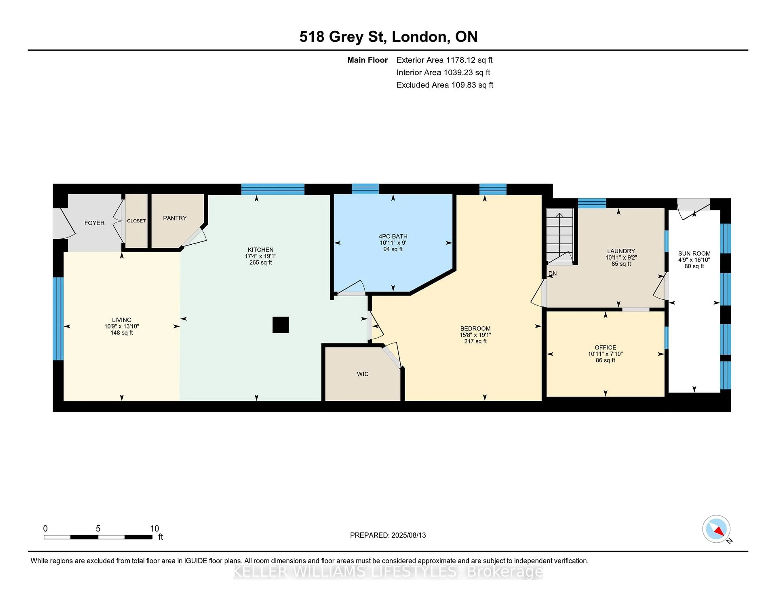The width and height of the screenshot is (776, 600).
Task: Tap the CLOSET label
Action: pos(136,221)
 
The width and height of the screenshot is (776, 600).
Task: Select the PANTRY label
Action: pos(175,218)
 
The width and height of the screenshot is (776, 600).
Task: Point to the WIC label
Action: pos(363,374)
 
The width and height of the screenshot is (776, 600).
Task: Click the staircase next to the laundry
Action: pos(560,236)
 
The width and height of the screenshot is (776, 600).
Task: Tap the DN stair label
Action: pos(552,273)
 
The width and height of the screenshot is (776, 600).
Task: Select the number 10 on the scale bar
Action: pos(155,529)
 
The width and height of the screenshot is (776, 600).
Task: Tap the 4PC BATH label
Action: pos(393,236)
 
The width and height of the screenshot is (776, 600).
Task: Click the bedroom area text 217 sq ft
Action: pos(476,341)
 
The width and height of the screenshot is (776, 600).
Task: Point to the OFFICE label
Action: pos(605,347)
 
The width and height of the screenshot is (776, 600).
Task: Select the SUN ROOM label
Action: pos(694,254)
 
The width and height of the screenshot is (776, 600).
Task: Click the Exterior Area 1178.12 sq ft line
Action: pos(445,60)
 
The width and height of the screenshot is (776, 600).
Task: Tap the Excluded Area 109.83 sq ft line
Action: pos(445,85)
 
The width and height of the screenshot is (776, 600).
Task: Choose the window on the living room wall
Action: pos(58,319)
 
